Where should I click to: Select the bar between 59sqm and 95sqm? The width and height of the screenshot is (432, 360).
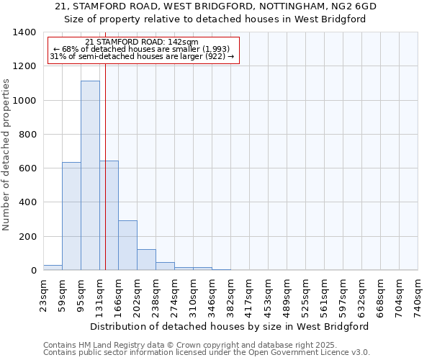(71, 216)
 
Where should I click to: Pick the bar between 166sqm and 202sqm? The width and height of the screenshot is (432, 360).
(127, 245)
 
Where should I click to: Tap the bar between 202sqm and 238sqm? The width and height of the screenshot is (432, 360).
(146, 259)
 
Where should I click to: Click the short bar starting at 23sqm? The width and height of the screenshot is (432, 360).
(53, 267)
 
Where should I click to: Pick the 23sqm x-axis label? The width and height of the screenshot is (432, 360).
(44, 295)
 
